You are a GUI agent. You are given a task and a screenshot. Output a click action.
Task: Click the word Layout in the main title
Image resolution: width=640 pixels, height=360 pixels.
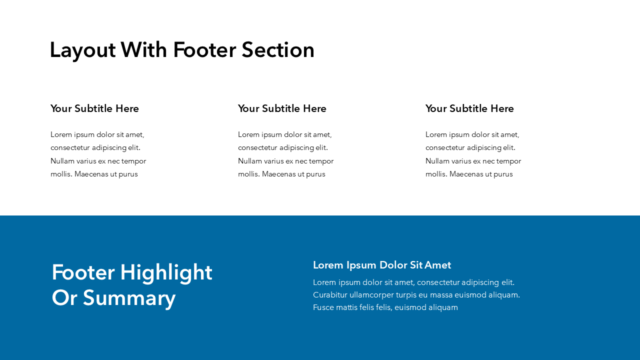pyautogui.click(x=82, y=50)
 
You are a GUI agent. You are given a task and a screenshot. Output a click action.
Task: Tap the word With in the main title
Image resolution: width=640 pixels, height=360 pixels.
pyautogui.click(x=144, y=50)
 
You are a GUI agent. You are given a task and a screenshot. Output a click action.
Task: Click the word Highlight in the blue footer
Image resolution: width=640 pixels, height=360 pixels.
pyautogui.click(x=166, y=273)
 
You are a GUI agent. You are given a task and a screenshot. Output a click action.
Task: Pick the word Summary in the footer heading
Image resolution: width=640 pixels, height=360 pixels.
pyautogui.click(x=129, y=298)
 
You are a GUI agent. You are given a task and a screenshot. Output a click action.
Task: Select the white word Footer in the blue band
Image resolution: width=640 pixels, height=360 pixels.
pyautogui.click(x=82, y=273)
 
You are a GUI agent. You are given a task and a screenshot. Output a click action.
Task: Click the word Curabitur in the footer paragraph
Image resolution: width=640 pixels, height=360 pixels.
pyautogui.click(x=330, y=295)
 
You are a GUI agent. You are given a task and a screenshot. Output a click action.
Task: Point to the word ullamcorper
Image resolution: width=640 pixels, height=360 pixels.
pyautogui.click(x=371, y=295)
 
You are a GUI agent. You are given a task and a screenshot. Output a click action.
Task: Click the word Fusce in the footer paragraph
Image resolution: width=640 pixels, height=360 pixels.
pyautogui.click(x=323, y=307)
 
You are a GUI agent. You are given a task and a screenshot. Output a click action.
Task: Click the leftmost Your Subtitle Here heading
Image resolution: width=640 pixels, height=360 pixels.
pyautogui.click(x=94, y=108)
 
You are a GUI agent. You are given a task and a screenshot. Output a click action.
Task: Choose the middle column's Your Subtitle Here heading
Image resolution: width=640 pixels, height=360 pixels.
pyautogui.click(x=282, y=108)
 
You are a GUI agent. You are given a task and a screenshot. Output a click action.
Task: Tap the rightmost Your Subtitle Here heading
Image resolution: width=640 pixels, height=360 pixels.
pyautogui.click(x=469, y=108)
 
